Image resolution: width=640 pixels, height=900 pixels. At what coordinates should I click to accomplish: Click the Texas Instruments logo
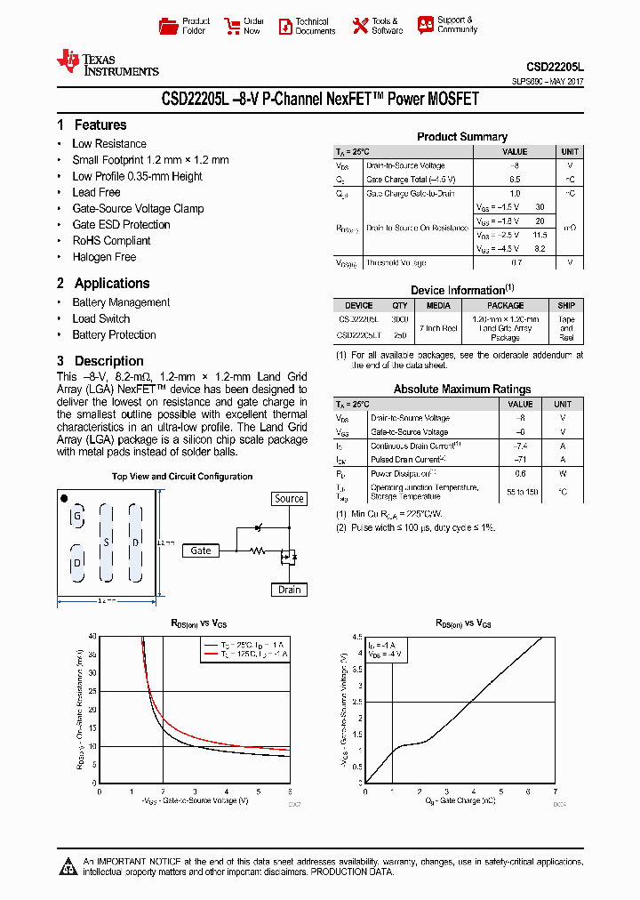[107, 62]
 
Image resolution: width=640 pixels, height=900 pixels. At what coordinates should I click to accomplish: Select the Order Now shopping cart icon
[232, 25]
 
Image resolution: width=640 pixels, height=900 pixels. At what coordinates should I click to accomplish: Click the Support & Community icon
[426, 25]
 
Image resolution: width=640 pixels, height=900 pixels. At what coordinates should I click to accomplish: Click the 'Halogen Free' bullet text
[104, 257]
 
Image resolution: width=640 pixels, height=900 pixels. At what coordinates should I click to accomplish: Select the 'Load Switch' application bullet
[100, 318]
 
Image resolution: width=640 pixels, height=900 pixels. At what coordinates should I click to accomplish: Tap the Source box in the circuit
[289, 499]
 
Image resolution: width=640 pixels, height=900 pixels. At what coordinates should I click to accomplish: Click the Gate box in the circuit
[201, 550]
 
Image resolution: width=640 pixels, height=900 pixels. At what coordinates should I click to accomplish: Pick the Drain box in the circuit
[289, 590]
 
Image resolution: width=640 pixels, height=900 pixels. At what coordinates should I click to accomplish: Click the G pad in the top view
[78, 517]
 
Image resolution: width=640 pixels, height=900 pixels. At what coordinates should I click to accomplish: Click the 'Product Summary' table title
[462, 137]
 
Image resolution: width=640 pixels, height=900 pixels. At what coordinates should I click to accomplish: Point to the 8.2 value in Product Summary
[540, 249]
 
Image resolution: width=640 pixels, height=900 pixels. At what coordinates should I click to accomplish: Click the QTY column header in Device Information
[400, 305]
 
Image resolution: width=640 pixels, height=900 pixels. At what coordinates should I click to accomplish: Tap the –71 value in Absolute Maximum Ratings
[521, 460]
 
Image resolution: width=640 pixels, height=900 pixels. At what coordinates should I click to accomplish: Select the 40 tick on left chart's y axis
[92, 636]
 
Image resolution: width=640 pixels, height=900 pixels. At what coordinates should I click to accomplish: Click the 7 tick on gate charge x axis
[555, 791]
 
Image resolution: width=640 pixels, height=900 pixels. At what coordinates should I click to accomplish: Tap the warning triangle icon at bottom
[68, 867]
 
